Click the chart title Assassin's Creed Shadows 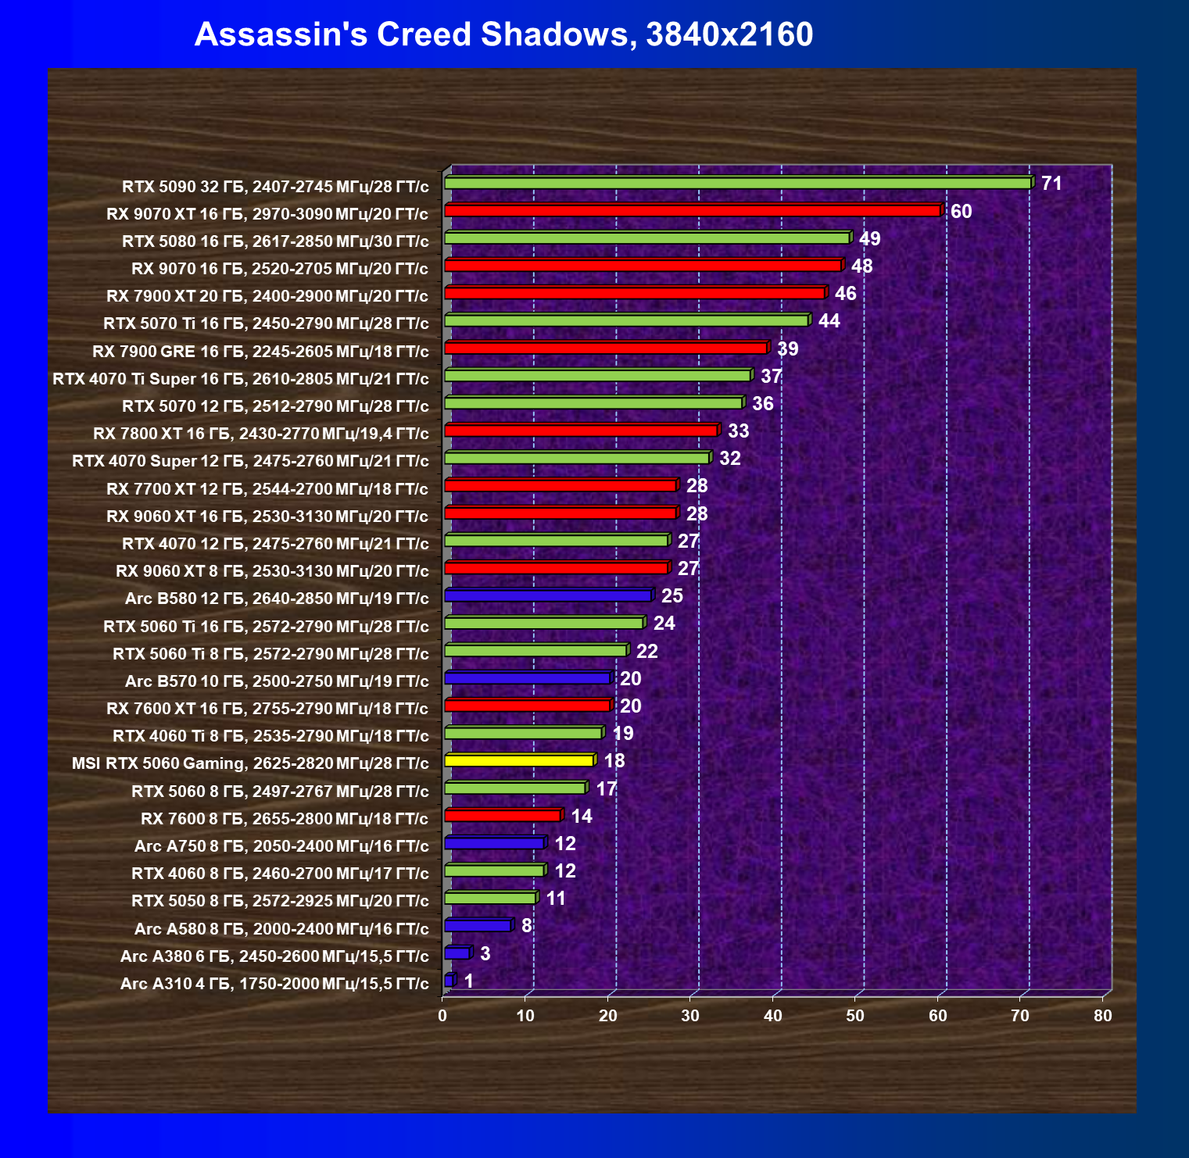[503, 34]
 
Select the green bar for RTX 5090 [737, 183]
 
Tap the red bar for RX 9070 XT [692, 210]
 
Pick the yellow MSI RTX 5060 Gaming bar [518, 760]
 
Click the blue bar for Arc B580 [547, 595]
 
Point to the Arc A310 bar [449, 980]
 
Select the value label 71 [1051, 184]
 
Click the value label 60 [961, 212]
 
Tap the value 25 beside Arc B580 [671, 596]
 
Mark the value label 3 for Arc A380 [485, 953]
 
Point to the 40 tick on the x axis [772, 1016]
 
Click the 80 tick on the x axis [1102, 1016]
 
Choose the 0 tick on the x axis [442, 1016]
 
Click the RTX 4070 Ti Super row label [241, 379]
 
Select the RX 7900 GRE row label [260, 352]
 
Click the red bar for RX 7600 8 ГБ [502, 816]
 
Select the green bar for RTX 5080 [646, 238]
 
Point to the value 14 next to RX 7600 [582, 817]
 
